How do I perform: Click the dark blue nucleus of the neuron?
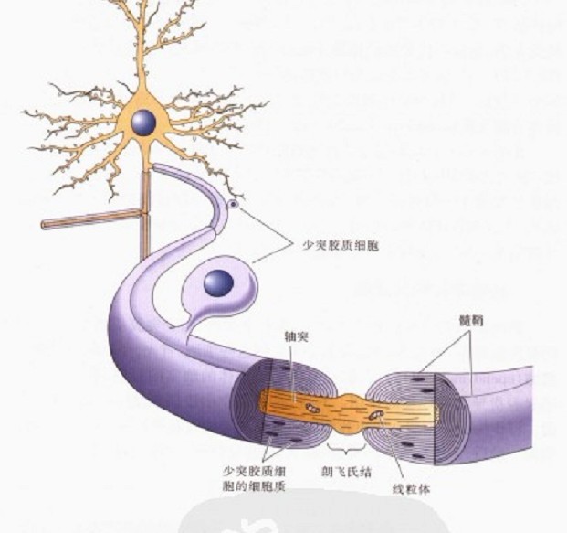tap(145, 122)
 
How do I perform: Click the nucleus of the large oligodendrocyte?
tap(218, 283)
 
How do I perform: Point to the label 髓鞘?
tap(471, 321)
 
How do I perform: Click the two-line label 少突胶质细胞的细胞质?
tap(255, 479)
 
